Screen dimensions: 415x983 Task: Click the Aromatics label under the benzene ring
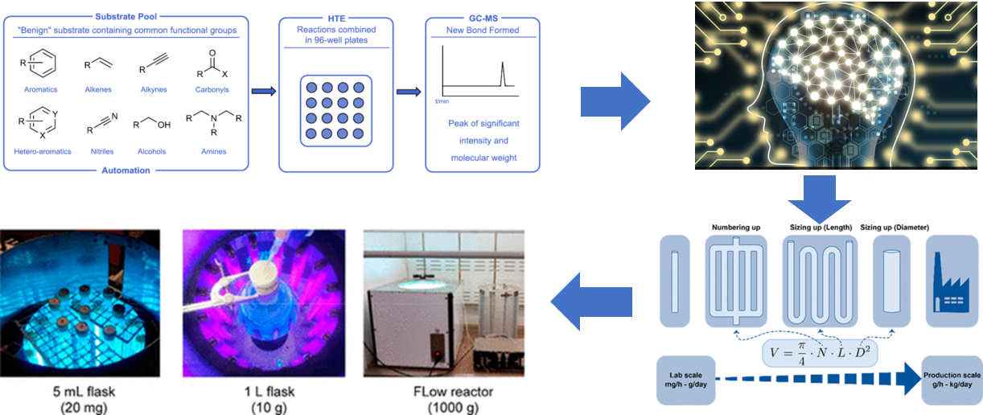tap(43, 90)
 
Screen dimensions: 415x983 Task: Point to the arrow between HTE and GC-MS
tap(409, 91)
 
